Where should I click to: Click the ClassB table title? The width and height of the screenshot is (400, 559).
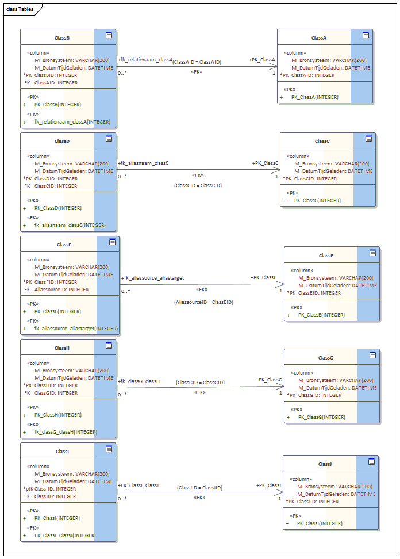62,37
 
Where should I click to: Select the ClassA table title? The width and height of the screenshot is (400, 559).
319,37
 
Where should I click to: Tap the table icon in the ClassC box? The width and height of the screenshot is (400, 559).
368,138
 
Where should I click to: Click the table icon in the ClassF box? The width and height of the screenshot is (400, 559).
113,242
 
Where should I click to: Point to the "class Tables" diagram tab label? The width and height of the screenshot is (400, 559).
20,10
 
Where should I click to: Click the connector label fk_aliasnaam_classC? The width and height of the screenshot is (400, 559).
144,163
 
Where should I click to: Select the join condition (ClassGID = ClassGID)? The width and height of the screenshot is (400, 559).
200,382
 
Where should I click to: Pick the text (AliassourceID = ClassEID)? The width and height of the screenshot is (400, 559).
203,302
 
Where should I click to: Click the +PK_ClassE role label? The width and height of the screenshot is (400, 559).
263,277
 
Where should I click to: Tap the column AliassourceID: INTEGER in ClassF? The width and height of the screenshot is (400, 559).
61,290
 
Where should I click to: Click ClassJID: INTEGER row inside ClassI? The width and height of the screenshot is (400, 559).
55,496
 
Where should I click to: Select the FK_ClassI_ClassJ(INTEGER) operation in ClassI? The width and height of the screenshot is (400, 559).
65,535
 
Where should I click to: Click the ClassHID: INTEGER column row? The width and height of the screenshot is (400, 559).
56,385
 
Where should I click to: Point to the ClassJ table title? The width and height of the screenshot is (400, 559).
325,464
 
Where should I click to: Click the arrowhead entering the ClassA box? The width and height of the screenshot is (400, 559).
274,67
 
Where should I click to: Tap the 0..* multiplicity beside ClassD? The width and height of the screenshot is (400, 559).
122,176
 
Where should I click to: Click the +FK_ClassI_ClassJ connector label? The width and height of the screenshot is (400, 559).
139,485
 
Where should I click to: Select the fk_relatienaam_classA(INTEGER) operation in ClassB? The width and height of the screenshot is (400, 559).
72,122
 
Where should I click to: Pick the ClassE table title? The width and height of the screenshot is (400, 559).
326,255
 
